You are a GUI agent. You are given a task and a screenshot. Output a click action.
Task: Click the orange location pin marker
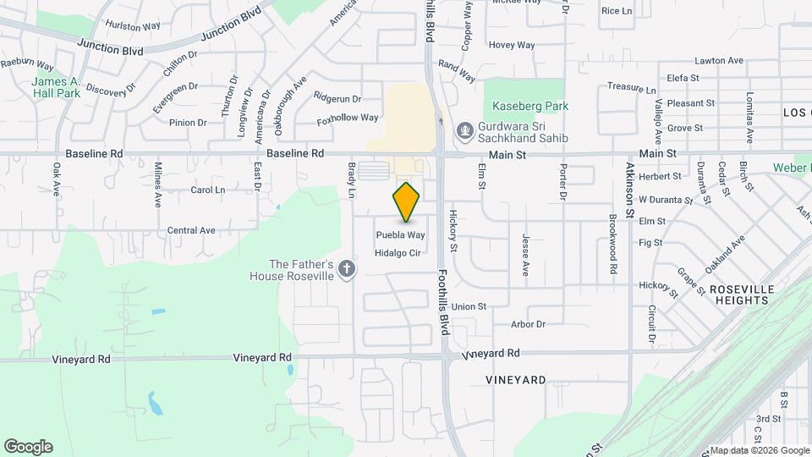point(407,202)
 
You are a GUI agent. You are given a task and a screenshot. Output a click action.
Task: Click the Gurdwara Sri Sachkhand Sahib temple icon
point(464,131)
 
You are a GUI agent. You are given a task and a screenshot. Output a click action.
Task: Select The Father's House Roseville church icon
point(345,269)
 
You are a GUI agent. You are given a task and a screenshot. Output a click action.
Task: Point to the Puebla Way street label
point(400,235)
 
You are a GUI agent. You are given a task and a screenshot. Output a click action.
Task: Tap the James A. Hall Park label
point(56,87)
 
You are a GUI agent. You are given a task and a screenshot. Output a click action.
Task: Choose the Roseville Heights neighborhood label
point(742,295)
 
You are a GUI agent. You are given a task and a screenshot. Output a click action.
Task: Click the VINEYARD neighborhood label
point(516,380)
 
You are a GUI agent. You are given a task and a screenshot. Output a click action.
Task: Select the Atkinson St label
point(629,190)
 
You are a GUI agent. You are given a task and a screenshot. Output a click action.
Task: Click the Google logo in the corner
point(28,447)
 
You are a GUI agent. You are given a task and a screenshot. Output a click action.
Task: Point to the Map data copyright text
point(759,450)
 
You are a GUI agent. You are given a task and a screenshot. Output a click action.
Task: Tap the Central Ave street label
point(191,230)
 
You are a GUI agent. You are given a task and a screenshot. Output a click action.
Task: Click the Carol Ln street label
point(207,190)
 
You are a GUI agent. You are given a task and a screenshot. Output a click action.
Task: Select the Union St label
point(469,306)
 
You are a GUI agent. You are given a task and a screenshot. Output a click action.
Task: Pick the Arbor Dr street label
point(529,324)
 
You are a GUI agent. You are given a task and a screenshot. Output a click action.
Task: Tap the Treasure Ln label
point(632,88)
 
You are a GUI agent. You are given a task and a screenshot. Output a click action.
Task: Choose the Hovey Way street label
point(512,45)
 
